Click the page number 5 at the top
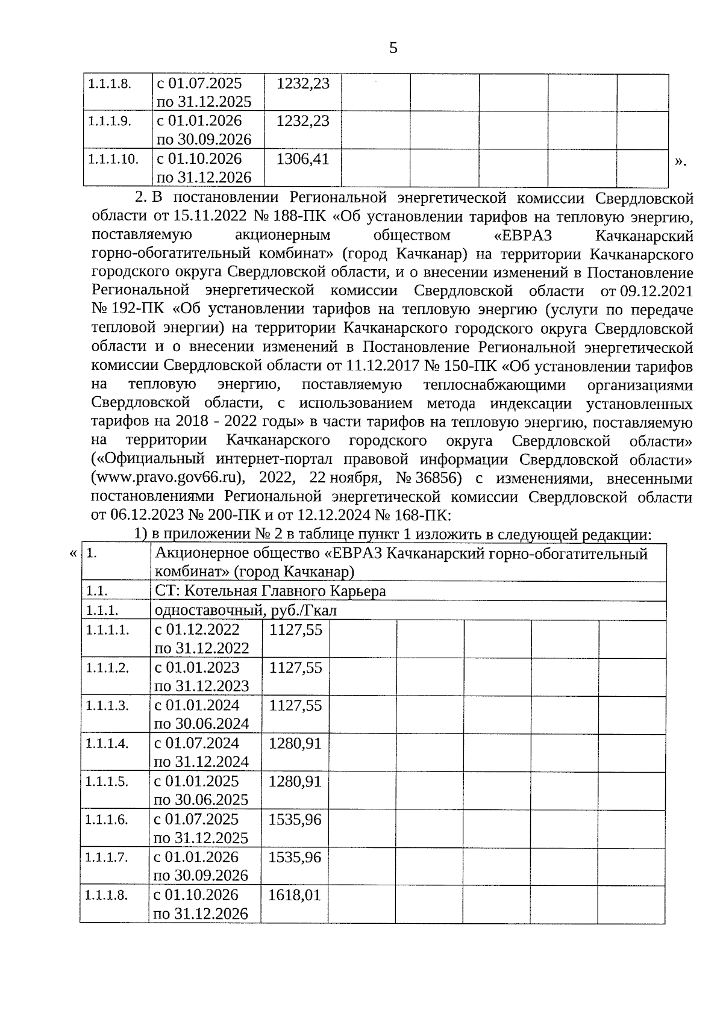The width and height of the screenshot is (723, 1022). coord(393,48)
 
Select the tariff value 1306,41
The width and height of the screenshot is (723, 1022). coord(302,160)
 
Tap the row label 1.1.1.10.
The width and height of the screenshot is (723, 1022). coord(113,160)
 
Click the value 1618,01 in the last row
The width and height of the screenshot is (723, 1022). coord(295,894)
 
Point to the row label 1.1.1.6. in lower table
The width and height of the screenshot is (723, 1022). coord(107,820)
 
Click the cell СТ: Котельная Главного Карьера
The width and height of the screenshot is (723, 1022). coord(271,591)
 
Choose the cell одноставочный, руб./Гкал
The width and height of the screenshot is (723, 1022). coord(246,611)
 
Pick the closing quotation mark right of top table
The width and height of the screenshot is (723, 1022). coord(681,161)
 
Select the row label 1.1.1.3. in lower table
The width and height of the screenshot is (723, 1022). coord(107,706)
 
